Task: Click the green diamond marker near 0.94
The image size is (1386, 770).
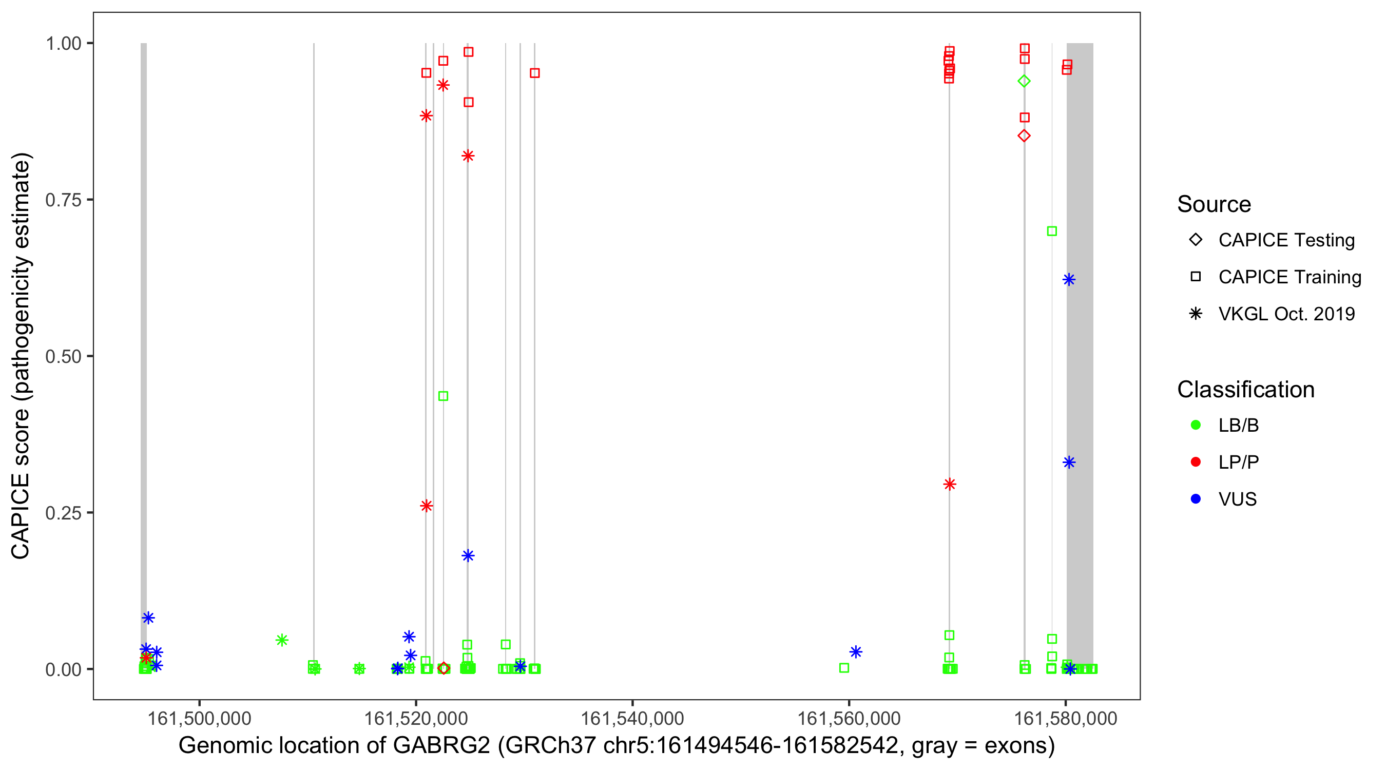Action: point(1024,81)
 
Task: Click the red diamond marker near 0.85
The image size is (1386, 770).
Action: point(1024,136)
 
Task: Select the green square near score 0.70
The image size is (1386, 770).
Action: point(1052,232)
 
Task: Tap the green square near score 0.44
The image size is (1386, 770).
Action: point(444,396)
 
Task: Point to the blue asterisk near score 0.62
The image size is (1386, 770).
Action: point(1069,280)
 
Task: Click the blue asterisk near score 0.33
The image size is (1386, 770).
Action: point(1069,462)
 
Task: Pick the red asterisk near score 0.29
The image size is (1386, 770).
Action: point(950,484)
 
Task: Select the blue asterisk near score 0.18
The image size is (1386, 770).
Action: point(468,555)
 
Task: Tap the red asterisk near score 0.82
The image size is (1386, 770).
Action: point(468,156)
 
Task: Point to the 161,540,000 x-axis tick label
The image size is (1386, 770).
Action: point(632,718)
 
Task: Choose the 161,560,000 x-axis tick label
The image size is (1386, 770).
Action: point(849,718)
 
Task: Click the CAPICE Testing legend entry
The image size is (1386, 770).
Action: point(1286,240)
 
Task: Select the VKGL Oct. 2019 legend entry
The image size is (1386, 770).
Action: point(1286,314)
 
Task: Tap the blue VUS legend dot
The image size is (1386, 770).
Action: point(1196,499)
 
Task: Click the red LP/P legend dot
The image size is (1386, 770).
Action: point(1196,462)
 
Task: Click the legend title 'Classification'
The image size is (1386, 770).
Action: point(1245,390)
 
